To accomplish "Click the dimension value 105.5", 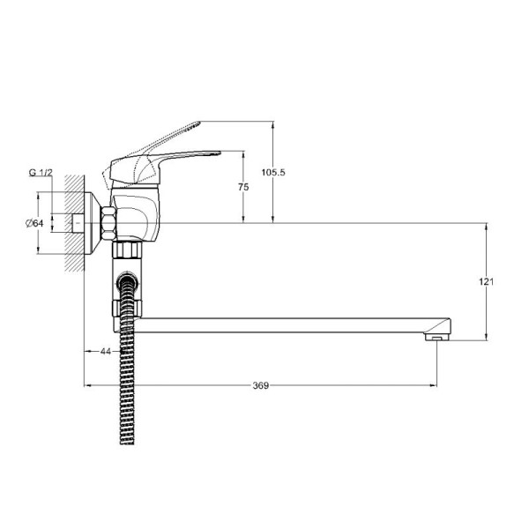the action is pyautogui.click(x=273, y=173).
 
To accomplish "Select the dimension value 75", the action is pyautogui.click(x=243, y=187).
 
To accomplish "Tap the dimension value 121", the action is pyautogui.click(x=486, y=281).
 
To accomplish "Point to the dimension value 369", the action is pyautogui.click(x=261, y=385).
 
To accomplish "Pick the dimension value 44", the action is pyautogui.click(x=106, y=351).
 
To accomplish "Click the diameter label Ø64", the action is pyautogui.click(x=34, y=223).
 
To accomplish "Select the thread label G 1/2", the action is pyautogui.click(x=41, y=173).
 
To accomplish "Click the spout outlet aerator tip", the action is pyautogui.click(x=437, y=337).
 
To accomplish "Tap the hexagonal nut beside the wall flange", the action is pyautogui.click(x=108, y=224).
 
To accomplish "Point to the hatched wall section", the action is pyautogui.click(x=74, y=223).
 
